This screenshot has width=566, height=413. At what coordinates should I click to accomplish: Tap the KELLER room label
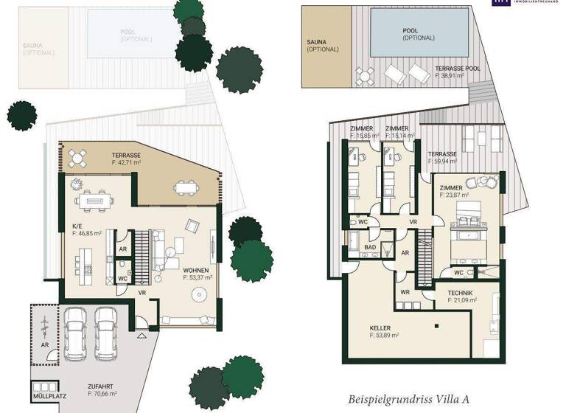click(x=382, y=328)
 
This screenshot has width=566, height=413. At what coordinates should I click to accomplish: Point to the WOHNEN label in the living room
click(x=197, y=271)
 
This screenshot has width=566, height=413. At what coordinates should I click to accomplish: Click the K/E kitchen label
click(x=77, y=225)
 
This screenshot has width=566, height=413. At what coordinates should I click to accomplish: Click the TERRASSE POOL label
click(x=457, y=68)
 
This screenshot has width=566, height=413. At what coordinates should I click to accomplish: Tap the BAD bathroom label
click(x=370, y=247)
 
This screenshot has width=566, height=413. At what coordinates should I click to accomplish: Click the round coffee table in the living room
click(x=198, y=294)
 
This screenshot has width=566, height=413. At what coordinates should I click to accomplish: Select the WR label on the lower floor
click(x=405, y=292)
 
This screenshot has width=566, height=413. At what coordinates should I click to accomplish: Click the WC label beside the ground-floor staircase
click(x=123, y=279)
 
